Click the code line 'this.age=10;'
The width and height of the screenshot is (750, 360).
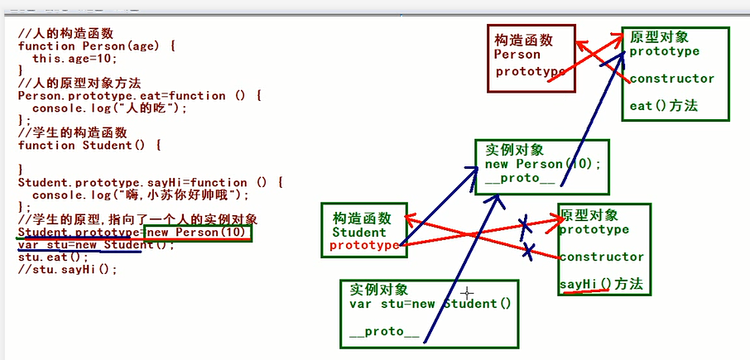[x=75, y=59]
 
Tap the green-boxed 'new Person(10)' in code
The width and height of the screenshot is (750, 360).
[x=197, y=233]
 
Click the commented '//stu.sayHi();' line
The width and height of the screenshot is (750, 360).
[x=67, y=270]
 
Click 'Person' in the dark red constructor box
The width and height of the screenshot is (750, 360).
[x=517, y=55]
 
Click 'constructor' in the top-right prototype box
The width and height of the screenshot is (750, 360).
[x=671, y=79]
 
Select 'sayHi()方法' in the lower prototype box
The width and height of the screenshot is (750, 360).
[x=600, y=285]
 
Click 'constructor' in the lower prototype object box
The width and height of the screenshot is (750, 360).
[x=601, y=257]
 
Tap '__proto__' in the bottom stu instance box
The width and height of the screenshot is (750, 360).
[x=383, y=332]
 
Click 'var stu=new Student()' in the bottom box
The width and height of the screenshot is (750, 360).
[x=430, y=304]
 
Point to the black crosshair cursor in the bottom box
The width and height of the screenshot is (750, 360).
[x=468, y=292]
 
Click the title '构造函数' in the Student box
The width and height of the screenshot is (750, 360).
[x=363, y=218]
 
